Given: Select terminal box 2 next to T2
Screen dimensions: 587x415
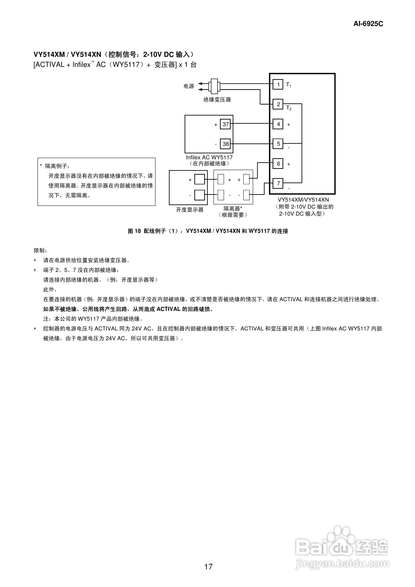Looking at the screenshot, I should click(278, 104).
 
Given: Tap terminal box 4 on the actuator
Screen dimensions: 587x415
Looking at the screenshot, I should click(278, 124).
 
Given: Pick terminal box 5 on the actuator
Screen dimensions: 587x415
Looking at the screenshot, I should click(278, 144).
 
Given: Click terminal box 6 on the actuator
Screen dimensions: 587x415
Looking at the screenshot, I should click(278, 164).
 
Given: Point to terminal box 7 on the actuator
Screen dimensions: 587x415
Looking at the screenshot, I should click(278, 183).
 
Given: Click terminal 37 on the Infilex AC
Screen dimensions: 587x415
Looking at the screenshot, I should click(225, 124).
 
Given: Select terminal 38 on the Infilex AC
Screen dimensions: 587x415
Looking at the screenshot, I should click(225, 144).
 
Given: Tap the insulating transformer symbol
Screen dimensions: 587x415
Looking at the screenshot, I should click(214, 86).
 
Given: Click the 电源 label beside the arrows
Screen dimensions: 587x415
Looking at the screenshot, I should click(189, 86).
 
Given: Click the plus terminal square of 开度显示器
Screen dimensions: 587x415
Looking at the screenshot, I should click(199, 179).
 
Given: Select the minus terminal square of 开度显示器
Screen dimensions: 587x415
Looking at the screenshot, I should click(199, 195).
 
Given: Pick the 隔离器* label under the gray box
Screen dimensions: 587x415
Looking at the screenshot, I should click(233, 209).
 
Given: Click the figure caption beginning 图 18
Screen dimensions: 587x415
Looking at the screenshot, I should click(208, 231).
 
